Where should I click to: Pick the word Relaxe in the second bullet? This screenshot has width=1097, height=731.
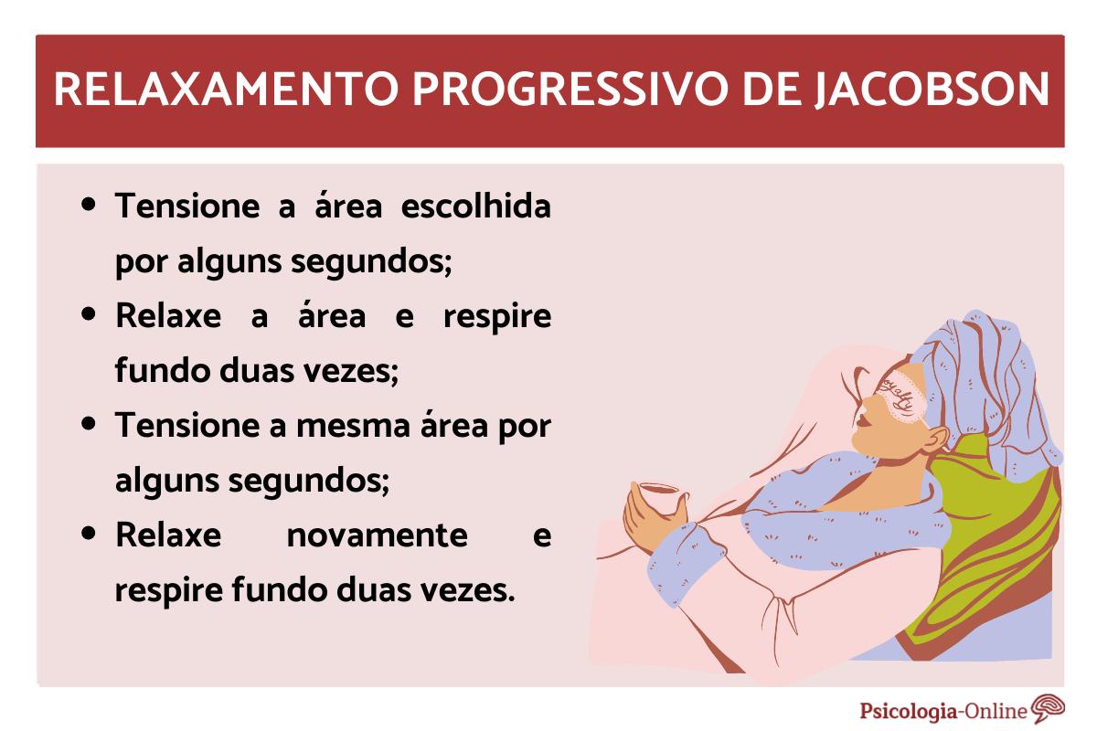point(168,315)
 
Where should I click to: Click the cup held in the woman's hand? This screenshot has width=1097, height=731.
point(656,497)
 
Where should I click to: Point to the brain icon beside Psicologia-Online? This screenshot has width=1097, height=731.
point(1048,709)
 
